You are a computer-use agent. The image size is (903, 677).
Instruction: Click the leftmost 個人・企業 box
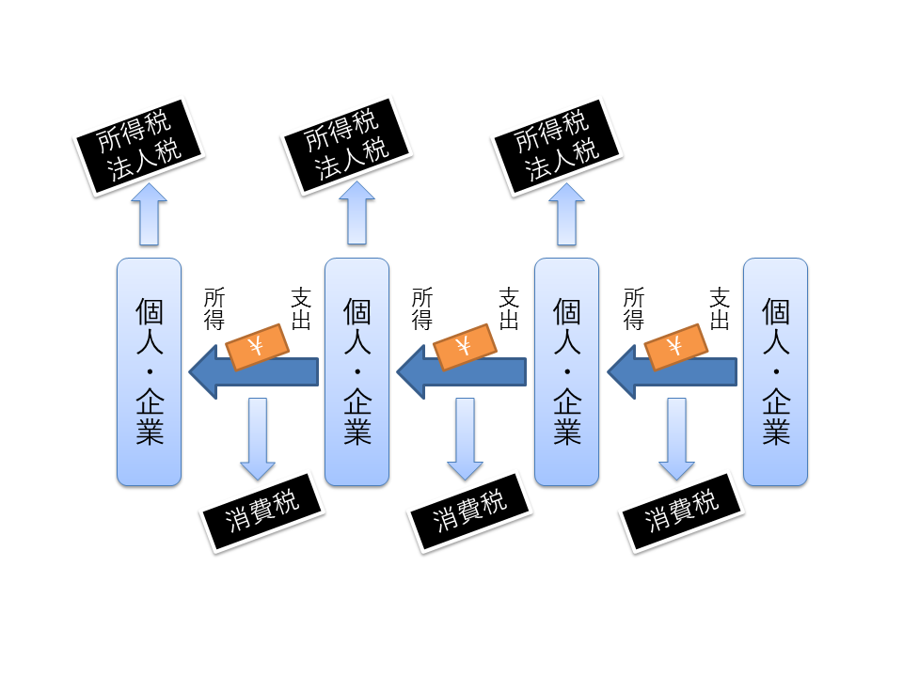149,371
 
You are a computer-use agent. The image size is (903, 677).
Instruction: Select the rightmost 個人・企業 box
775,371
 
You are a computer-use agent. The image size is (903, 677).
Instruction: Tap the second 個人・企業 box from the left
356,371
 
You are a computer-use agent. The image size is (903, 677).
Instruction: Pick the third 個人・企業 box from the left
566,371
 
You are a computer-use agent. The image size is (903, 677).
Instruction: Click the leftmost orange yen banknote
256,346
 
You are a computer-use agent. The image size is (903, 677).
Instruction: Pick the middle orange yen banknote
464,346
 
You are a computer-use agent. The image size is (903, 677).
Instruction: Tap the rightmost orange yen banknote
674,346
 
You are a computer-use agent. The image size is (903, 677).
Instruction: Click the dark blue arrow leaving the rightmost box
672,373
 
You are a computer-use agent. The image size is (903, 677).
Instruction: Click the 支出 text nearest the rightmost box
720,309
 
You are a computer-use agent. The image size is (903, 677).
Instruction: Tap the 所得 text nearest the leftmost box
214,309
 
